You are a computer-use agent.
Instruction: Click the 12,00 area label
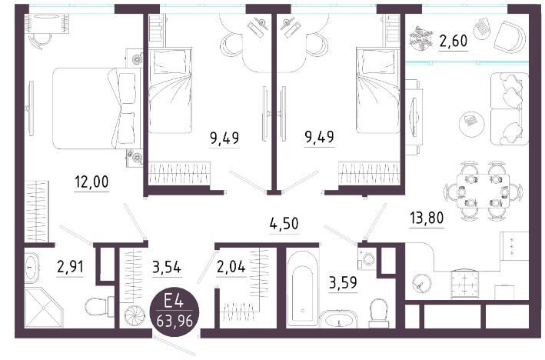91,182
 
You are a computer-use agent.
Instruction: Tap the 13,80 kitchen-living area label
427,218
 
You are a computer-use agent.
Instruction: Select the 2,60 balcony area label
454,42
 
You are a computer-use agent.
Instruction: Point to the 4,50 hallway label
284,223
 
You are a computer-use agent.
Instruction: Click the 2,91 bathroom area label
70,267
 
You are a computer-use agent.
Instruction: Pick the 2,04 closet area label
231,267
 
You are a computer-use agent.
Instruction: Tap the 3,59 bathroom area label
343,283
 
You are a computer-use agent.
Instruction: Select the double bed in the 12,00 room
94,108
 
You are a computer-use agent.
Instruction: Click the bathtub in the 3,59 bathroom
302,288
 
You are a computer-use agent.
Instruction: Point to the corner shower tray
44,308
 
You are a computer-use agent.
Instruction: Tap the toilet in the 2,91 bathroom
100,306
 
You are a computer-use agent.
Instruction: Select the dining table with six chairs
484,192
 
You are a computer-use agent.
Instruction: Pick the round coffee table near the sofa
472,124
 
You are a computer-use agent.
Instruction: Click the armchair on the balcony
510,37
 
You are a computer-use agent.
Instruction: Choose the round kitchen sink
421,283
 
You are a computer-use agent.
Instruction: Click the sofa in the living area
510,108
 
